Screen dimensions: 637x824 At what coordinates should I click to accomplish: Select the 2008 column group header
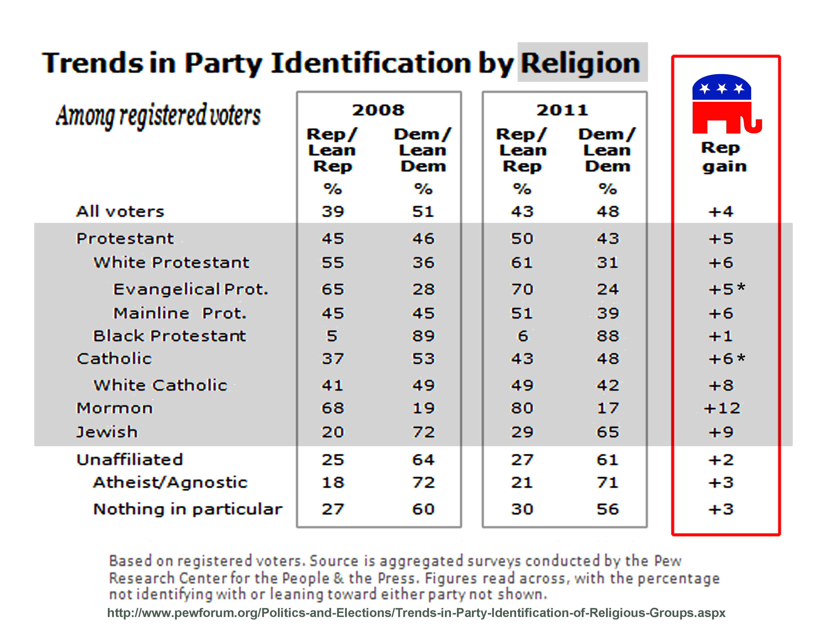click(x=378, y=110)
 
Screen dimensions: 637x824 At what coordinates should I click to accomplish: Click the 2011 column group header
click(x=562, y=110)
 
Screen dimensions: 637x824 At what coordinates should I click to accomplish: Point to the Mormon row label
click(x=115, y=408)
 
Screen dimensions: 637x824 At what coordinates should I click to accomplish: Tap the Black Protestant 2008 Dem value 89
click(x=423, y=336)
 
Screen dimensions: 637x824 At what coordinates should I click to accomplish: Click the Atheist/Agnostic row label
click(x=170, y=482)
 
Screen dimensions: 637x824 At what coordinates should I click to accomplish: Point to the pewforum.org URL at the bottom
click(x=416, y=613)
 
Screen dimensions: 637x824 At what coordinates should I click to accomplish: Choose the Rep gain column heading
click(x=723, y=157)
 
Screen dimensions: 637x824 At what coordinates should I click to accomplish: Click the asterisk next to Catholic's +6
click(x=741, y=357)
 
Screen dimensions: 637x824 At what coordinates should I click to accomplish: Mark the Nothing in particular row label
click(x=188, y=509)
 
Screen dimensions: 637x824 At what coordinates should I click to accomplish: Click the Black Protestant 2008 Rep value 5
click(x=332, y=336)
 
